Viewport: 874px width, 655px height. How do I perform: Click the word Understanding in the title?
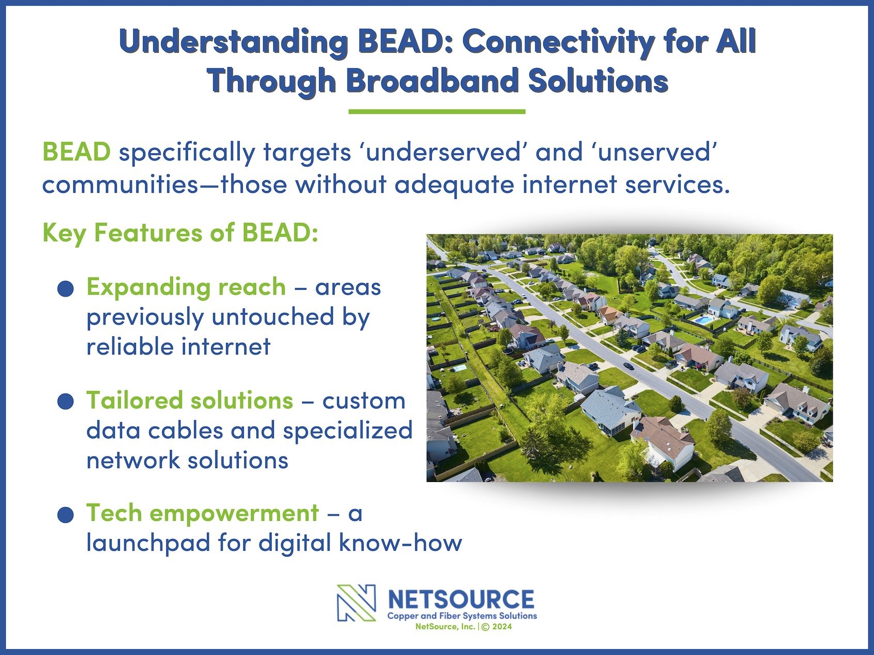click(x=233, y=43)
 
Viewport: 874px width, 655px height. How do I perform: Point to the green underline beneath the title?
click(x=437, y=112)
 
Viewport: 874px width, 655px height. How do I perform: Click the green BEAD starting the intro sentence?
click(x=76, y=152)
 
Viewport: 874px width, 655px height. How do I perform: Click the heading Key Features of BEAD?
click(x=180, y=233)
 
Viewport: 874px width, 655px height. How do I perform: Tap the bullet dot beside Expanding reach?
click(x=66, y=289)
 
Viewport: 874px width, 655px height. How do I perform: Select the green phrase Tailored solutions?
click(x=190, y=400)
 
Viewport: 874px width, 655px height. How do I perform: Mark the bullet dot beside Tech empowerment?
click(x=66, y=515)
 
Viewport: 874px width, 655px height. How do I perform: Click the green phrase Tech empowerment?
click(x=202, y=514)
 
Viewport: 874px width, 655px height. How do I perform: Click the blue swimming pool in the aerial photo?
click(x=703, y=320)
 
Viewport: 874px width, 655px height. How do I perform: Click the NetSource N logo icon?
click(x=356, y=603)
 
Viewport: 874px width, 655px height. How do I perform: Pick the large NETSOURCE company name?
click(x=461, y=600)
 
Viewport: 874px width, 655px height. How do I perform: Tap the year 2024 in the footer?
click(x=502, y=627)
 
